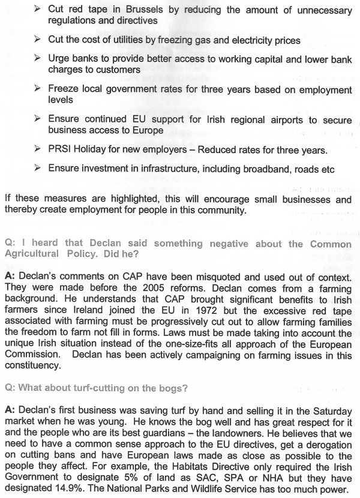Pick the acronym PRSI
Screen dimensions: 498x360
click(61, 149)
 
